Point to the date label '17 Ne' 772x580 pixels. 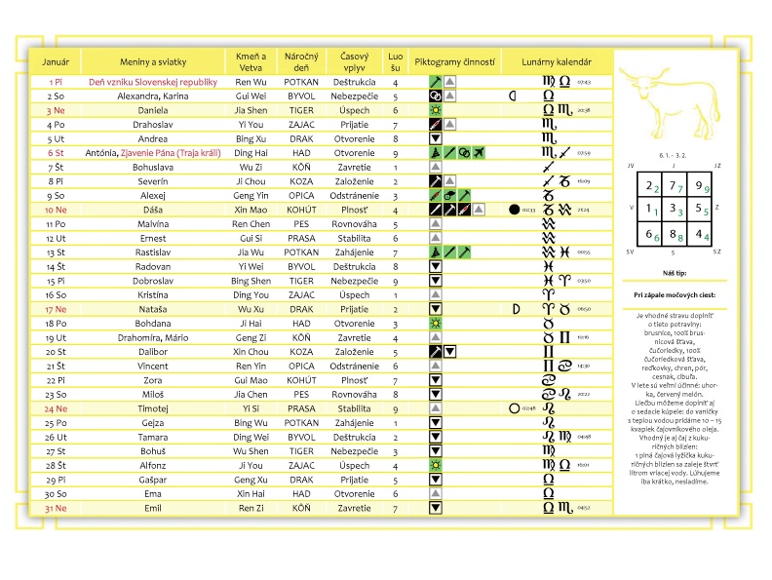point(55,309)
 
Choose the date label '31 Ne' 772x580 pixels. point(55,508)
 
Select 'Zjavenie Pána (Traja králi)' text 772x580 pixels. point(172,153)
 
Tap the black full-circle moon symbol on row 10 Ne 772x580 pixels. point(515,210)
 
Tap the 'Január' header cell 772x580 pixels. point(55,62)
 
